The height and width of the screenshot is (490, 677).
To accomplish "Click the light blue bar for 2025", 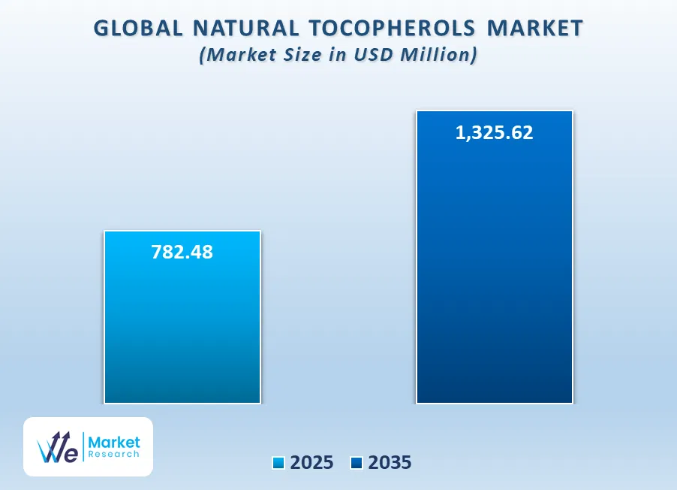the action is (182, 317).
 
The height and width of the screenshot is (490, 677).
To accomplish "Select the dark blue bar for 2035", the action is (495, 257).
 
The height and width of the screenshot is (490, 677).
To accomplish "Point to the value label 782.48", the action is (182, 252).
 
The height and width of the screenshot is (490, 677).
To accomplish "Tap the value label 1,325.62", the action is (495, 133).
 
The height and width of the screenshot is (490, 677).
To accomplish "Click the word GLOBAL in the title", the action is (138, 29).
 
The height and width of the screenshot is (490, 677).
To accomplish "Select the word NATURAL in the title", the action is (245, 29).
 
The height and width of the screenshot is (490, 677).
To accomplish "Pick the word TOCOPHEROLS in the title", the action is (393, 29).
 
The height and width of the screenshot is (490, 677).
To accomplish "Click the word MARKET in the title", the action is (535, 29).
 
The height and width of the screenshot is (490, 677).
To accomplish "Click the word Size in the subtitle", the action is (302, 55).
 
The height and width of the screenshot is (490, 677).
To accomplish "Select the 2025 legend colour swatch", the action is (278, 463).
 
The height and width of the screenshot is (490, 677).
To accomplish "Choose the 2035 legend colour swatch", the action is (357, 463).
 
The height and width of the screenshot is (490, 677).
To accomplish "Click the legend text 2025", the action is (311, 463).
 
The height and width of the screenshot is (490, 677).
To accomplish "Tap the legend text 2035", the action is (390, 463).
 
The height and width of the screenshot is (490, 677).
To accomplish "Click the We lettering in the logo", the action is (58, 448).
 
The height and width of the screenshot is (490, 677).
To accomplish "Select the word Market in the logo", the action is (114, 442).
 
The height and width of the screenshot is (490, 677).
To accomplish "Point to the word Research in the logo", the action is (114, 454).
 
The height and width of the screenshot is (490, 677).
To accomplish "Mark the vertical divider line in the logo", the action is (83, 447).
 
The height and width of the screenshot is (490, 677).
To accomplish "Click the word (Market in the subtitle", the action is (239, 55).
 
